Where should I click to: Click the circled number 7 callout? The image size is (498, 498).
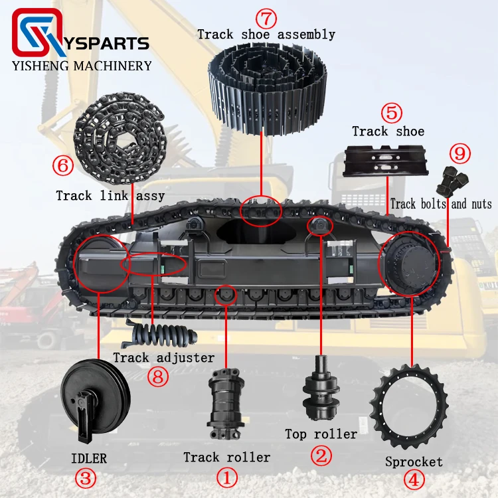[x=266, y=18]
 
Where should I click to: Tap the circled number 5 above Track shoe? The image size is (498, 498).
[x=391, y=112]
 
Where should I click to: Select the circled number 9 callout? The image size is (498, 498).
[x=460, y=153]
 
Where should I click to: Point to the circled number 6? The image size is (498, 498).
[x=63, y=165]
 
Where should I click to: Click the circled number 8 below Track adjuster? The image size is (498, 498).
[x=158, y=377]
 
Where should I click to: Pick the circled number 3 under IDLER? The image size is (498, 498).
[x=86, y=479]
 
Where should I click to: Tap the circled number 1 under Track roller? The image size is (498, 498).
[x=227, y=478]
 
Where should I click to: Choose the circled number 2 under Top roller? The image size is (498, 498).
[x=321, y=456]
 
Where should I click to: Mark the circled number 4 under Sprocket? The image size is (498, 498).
[x=414, y=479]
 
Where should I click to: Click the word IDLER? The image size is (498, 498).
[x=89, y=458]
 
